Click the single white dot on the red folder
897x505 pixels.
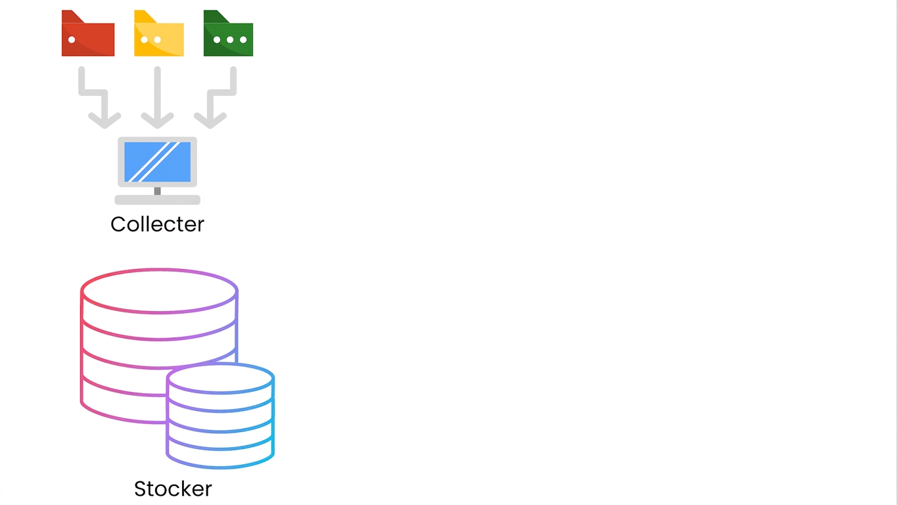click(x=72, y=39)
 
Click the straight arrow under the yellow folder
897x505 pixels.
click(x=157, y=97)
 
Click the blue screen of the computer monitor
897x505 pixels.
click(x=157, y=162)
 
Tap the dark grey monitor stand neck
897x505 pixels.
click(x=157, y=191)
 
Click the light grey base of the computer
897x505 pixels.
click(x=157, y=200)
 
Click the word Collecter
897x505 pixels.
click(x=157, y=224)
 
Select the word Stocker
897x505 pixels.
click(x=173, y=489)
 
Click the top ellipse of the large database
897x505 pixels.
click(x=159, y=270)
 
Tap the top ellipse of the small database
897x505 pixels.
click(x=220, y=364)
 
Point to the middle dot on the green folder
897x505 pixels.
click(x=230, y=39)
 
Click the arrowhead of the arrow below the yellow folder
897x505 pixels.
click(x=157, y=120)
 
